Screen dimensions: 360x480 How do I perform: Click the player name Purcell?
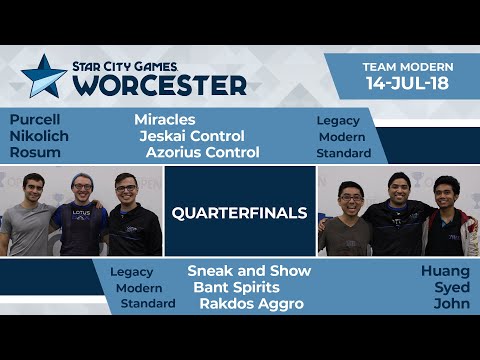tap(35, 119)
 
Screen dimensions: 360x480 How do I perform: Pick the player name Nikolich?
tap(38, 136)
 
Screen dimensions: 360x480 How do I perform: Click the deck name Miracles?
tap(165, 119)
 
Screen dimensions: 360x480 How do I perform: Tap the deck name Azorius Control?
tap(202, 152)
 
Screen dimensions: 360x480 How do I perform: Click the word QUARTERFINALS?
tap(240, 212)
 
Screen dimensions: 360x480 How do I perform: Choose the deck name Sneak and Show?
tap(249, 271)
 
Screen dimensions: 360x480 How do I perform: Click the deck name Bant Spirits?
tap(236, 287)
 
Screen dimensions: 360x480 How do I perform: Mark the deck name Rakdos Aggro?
tap(251, 303)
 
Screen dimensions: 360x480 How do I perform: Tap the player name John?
tap(451, 303)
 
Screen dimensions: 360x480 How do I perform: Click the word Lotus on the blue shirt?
tap(84, 213)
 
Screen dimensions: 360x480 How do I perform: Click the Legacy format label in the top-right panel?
tap(337, 120)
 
